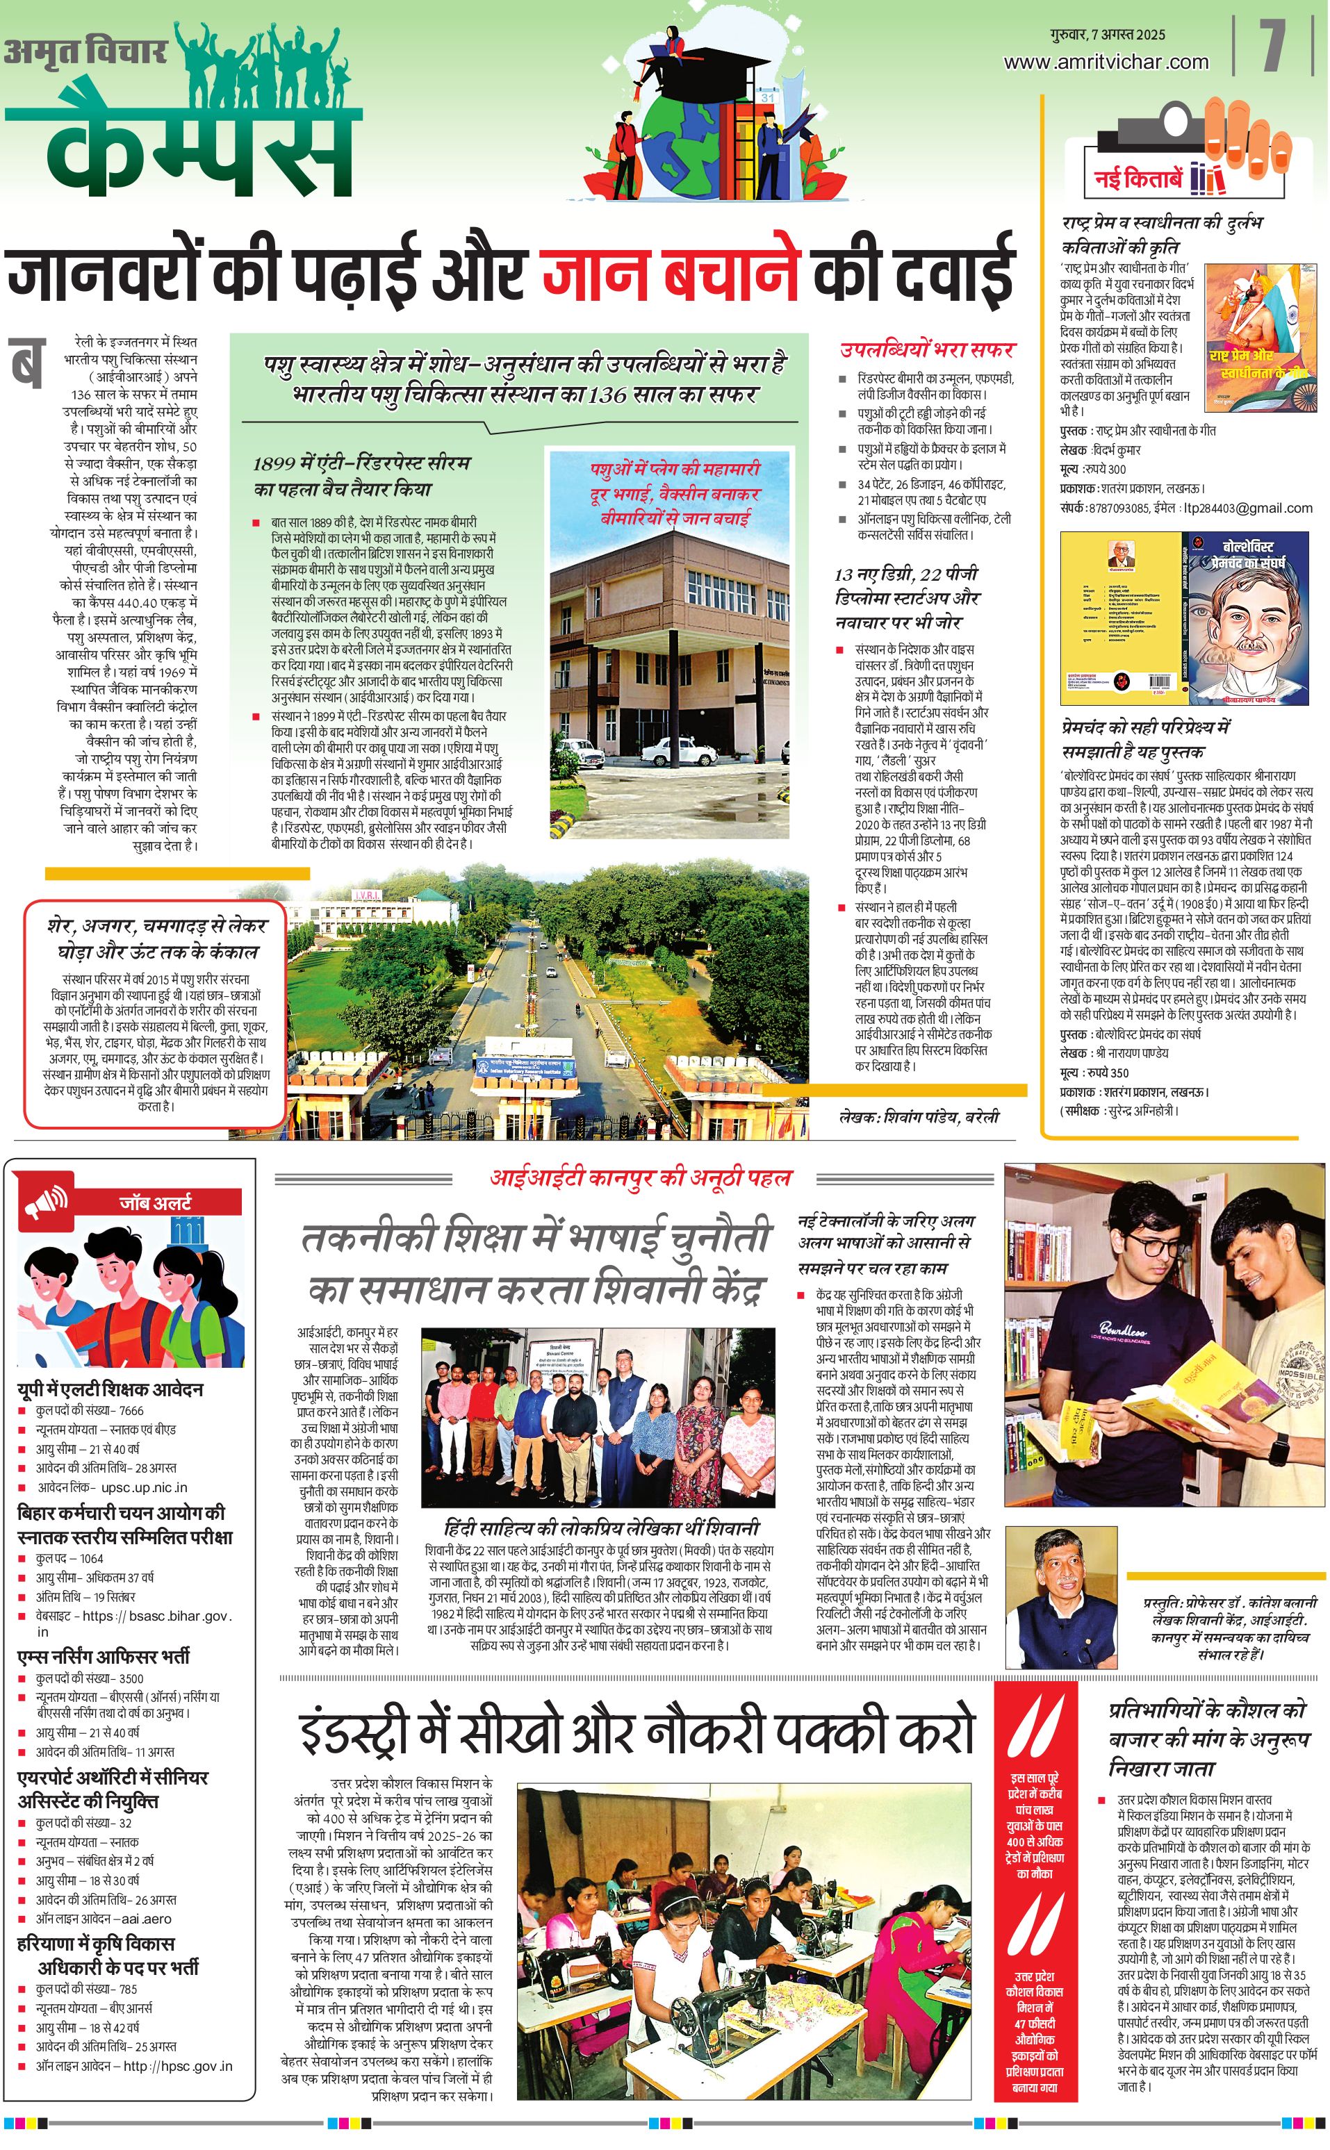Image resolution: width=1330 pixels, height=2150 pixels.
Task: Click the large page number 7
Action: (1274, 46)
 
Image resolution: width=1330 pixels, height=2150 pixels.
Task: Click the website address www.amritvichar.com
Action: (1106, 63)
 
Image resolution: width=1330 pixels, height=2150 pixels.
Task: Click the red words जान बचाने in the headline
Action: (671, 272)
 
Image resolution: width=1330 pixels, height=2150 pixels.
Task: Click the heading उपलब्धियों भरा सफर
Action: (927, 349)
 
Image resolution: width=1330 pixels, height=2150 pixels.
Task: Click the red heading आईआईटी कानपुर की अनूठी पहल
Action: (641, 1177)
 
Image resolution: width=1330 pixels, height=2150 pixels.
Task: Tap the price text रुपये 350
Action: (1108, 1072)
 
